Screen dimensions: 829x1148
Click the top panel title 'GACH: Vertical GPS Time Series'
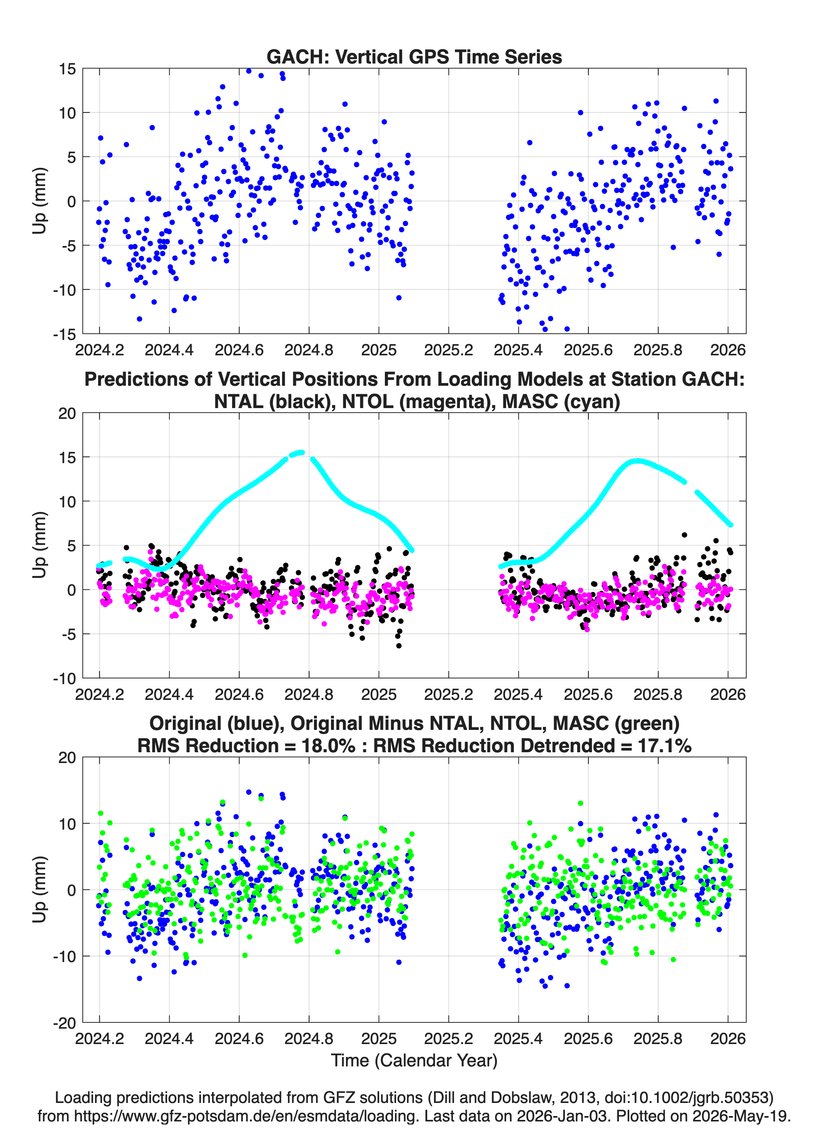pyautogui.click(x=414, y=57)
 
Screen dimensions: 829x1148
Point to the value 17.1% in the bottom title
pyautogui.click(x=665, y=746)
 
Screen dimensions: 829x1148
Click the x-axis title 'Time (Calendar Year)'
pyautogui.click(x=414, y=1061)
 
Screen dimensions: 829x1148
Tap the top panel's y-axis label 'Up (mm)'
pyautogui.click(x=40, y=201)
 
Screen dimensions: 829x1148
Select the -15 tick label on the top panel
pyautogui.click(x=64, y=335)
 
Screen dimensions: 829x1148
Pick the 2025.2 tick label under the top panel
pyautogui.click(x=448, y=350)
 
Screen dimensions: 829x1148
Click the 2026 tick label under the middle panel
pyautogui.click(x=728, y=694)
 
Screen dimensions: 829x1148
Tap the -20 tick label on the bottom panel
pyautogui.click(x=64, y=1023)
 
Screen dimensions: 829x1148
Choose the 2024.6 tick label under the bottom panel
pyautogui.click(x=239, y=1038)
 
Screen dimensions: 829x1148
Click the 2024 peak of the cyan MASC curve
pyautogui.click(x=301, y=452)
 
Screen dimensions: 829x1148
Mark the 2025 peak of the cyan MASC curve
pyautogui.click(x=638, y=460)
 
